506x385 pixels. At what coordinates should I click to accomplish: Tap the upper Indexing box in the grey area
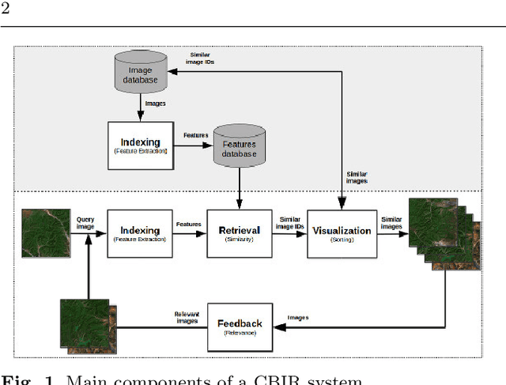pyautogui.click(x=139, y=145)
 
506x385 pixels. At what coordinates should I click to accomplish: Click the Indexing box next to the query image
pyautogui.click(x=139, y=233)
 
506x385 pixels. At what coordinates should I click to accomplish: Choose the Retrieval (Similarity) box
pyautogui.click(x=239, y=233)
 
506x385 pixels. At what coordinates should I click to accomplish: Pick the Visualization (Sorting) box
pyautogui.click(x=341, y=233)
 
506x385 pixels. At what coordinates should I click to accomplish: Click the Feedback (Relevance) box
pyautogui.click(x=239, y=326)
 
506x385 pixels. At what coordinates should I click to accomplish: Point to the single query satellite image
pyautogui.click(x=46, y=233)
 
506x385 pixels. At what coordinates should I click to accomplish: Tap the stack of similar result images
pyautogui.click(x=444, y=234)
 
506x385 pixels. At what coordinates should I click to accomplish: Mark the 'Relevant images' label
pyautogui.click(x=187, y=319)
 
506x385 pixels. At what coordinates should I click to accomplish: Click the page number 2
pyautogui.click(x=6, y=9)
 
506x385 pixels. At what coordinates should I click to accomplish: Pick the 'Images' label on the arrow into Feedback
pyautogui.click(x=297, y=318)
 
